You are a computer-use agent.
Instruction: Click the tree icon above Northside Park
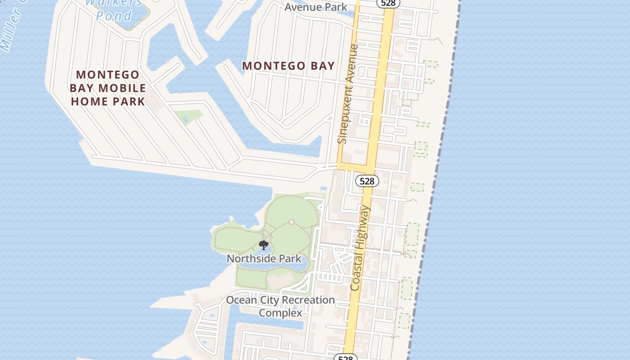pos(264,245)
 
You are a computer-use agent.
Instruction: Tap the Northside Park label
pos(264,259)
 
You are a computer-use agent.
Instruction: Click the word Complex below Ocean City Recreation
pos(280,312)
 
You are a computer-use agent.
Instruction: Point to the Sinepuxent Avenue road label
pos(348,94)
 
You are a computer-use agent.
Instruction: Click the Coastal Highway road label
pos(360,247)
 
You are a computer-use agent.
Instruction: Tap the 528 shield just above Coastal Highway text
pos(367,181)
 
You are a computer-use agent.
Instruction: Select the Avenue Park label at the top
pos(316,7)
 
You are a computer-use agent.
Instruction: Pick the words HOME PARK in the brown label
pos(108,101)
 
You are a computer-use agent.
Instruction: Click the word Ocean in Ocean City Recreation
pos(241,300)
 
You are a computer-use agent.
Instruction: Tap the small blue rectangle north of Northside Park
pos(323,188)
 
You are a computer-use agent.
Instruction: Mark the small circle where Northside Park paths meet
pos(292,221)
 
